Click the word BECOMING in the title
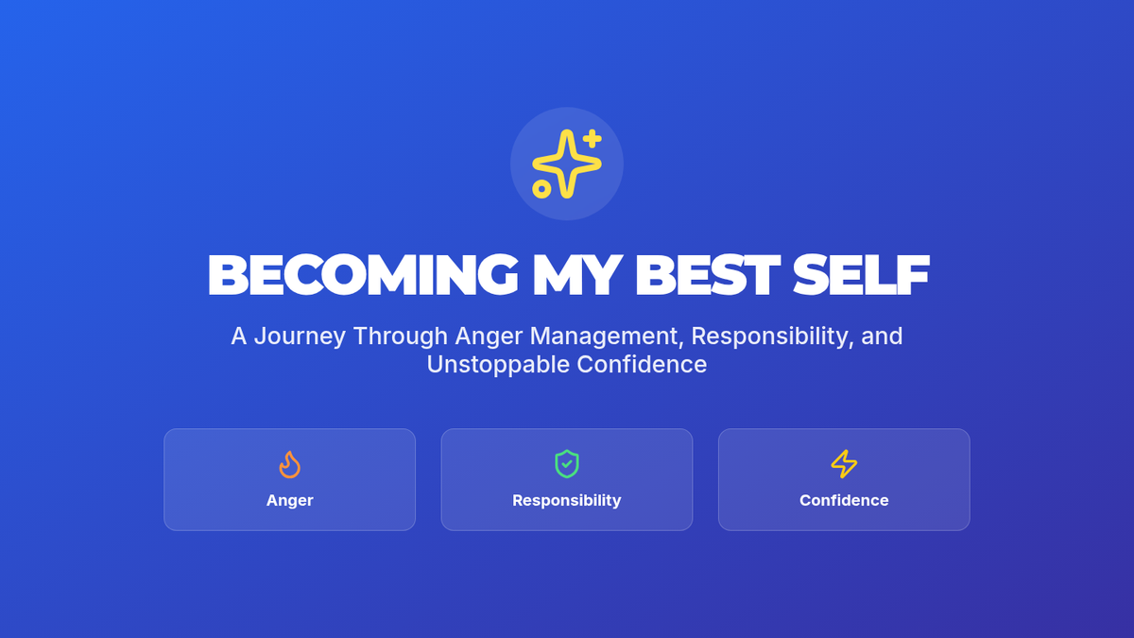tap(363, 274)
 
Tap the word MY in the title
tap(577, 274)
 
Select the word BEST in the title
tap(707, 274)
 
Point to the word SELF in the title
tap(861, 274)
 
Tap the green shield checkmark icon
tap(566, 464)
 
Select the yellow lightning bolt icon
tap(844, 464)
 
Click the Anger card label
tap(289, 500)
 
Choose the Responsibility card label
tap(566, 500)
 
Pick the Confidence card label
tap(844, 500)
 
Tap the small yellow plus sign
tap(592, 139)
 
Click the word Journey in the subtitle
tap(300, 336)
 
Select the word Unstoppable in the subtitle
tap(498, 365)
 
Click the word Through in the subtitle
tap(401, 336)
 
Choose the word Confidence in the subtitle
tap(642, 365)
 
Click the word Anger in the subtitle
tap(489, 336)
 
